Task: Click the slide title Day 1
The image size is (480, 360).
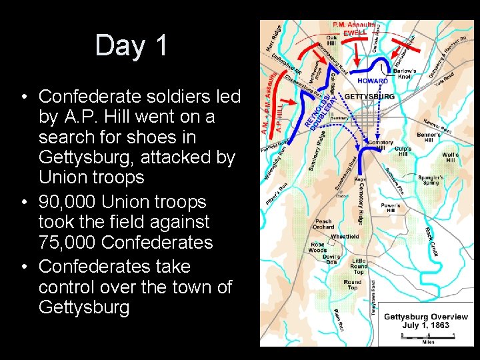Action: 131,45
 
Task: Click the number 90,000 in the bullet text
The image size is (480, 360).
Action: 72,202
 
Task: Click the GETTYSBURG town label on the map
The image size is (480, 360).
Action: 369,97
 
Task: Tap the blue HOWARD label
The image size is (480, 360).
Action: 372,81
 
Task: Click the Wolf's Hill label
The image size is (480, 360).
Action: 451,158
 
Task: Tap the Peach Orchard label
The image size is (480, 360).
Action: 323,224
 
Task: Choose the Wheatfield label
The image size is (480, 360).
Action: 344,237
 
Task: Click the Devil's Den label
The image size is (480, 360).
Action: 331,260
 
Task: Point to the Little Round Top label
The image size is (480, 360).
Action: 359,266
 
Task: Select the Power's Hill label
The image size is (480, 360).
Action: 391,208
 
